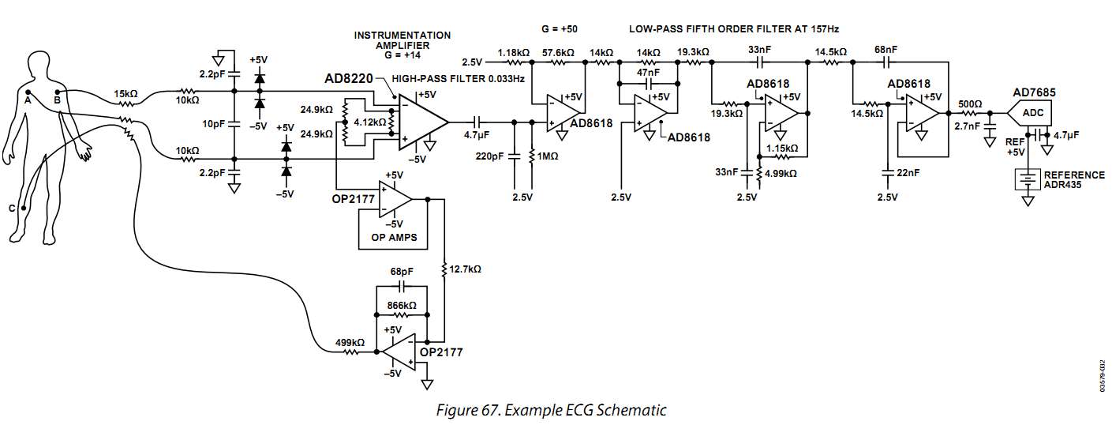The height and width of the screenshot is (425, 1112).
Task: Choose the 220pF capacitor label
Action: [489, 156]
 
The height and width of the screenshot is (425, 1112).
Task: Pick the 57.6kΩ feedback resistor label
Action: [558, 52]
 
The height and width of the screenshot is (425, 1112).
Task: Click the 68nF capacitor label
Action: [885, 49]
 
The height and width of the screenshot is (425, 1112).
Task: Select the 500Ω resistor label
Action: [969, 104]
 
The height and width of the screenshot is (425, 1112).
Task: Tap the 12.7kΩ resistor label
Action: [465, 269]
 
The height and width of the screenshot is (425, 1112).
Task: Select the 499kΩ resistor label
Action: [349, 342]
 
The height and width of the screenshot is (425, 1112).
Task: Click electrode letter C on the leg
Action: [12, 209]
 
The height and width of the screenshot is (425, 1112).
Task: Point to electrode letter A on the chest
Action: [28, 100]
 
